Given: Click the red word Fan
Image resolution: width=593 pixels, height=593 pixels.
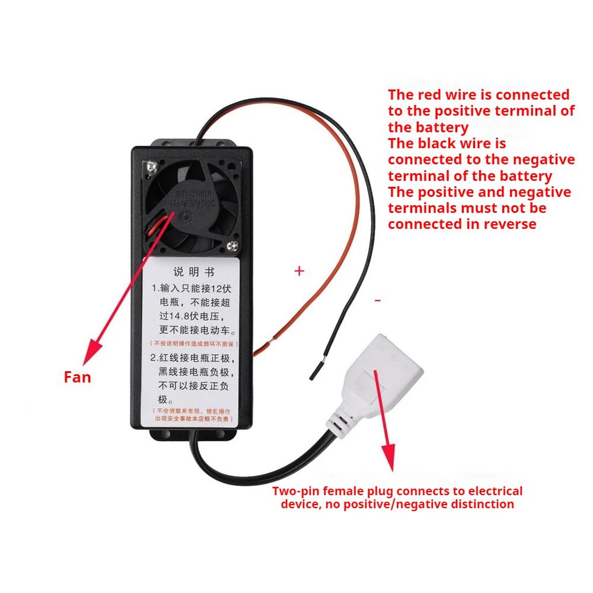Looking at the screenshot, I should click(77, 377).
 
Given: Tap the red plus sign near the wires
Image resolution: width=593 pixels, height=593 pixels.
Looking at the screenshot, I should click(299, 271).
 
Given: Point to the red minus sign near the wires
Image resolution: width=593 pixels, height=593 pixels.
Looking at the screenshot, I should click(378, 301).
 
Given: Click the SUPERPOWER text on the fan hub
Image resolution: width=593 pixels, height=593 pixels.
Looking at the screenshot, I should click(193, 194).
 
